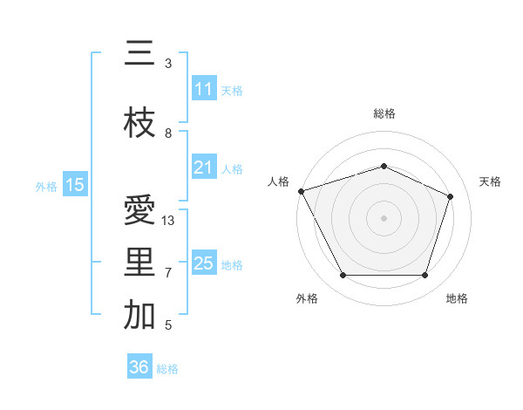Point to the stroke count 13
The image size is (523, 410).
(168, 221)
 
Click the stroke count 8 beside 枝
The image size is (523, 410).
(168, 133)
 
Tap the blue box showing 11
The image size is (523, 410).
(204, 89)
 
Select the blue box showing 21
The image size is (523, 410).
(204, 167)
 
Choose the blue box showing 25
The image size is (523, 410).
(204, 263)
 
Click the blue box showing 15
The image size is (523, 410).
(75, 185)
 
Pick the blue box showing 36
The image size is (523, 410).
(139, 368)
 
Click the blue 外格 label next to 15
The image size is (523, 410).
(45, 186)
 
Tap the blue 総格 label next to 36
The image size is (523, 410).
(167, 369)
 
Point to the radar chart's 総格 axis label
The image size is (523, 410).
(384, 113)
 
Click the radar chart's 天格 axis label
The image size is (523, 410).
(490, 181)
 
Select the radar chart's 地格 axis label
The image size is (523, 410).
(457, 298)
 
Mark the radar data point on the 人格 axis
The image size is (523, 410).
(301, 191)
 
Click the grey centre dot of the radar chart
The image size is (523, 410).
(384, 217)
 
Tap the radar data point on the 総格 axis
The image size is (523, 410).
(384, 166)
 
